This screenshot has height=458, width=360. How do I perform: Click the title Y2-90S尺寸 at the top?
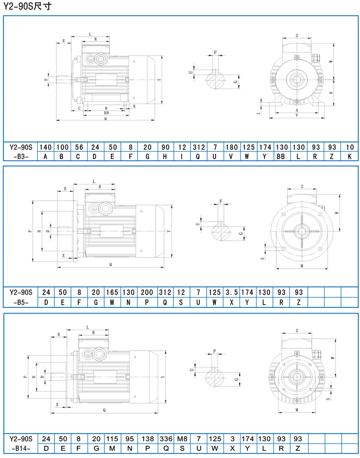click(27, 6)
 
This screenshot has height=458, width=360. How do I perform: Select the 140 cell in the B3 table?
click(46, 147)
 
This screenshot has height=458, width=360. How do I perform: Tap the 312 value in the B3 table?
click(198, 147)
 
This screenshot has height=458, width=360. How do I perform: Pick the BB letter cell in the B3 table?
click(281, 156)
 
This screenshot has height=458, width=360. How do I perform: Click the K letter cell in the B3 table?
click(350, 156)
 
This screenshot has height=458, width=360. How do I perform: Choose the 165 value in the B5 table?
click(112, 293)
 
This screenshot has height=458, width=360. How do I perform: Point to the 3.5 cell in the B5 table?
click(231, 293)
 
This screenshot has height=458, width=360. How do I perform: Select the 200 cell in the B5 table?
click(147, 293)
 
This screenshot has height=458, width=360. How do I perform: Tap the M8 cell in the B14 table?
click(182, 439)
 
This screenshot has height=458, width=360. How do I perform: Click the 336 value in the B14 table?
click(166, 439)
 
